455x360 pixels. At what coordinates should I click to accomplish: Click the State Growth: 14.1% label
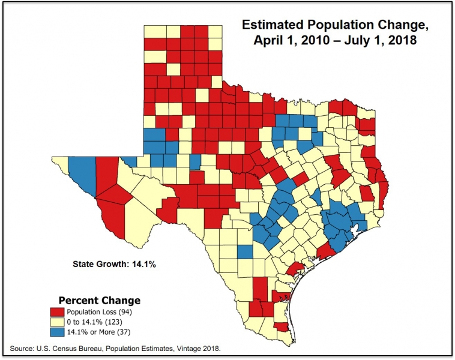(115, 263)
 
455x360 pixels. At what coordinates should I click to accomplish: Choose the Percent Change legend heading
(99, 300)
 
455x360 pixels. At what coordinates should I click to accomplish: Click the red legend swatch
(57, 313)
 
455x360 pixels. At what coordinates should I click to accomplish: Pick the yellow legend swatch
(57, 322)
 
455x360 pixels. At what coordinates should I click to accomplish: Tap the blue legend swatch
(57, 332)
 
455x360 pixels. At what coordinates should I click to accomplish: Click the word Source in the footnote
(22, 349)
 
